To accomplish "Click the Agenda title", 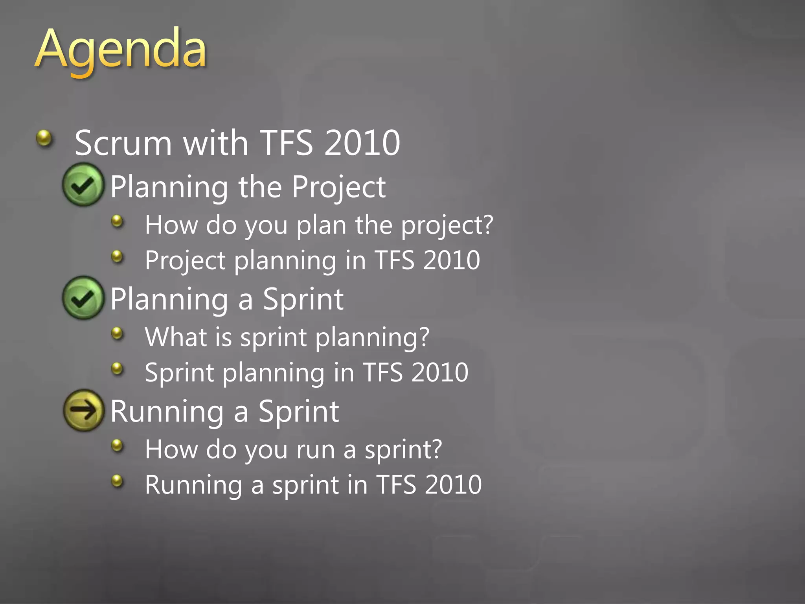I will pos(120,50).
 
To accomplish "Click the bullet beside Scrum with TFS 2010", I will pos(44,138).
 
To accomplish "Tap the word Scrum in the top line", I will pos(123,143).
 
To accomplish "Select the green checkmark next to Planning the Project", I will pos(83,185).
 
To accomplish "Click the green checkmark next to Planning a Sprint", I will pos(83,298).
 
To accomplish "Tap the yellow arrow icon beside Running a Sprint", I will pos(83,410).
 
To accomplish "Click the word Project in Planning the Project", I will pos(338,188).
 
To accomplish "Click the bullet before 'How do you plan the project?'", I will pos(117,221).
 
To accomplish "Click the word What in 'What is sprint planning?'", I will pos(175,337).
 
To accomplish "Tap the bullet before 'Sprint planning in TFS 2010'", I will pos(117,369).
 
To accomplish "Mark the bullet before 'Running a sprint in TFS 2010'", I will pos(117,481).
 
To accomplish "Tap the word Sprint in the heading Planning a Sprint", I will pos(303,300).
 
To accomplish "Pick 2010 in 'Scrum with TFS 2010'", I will pos(362,143).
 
